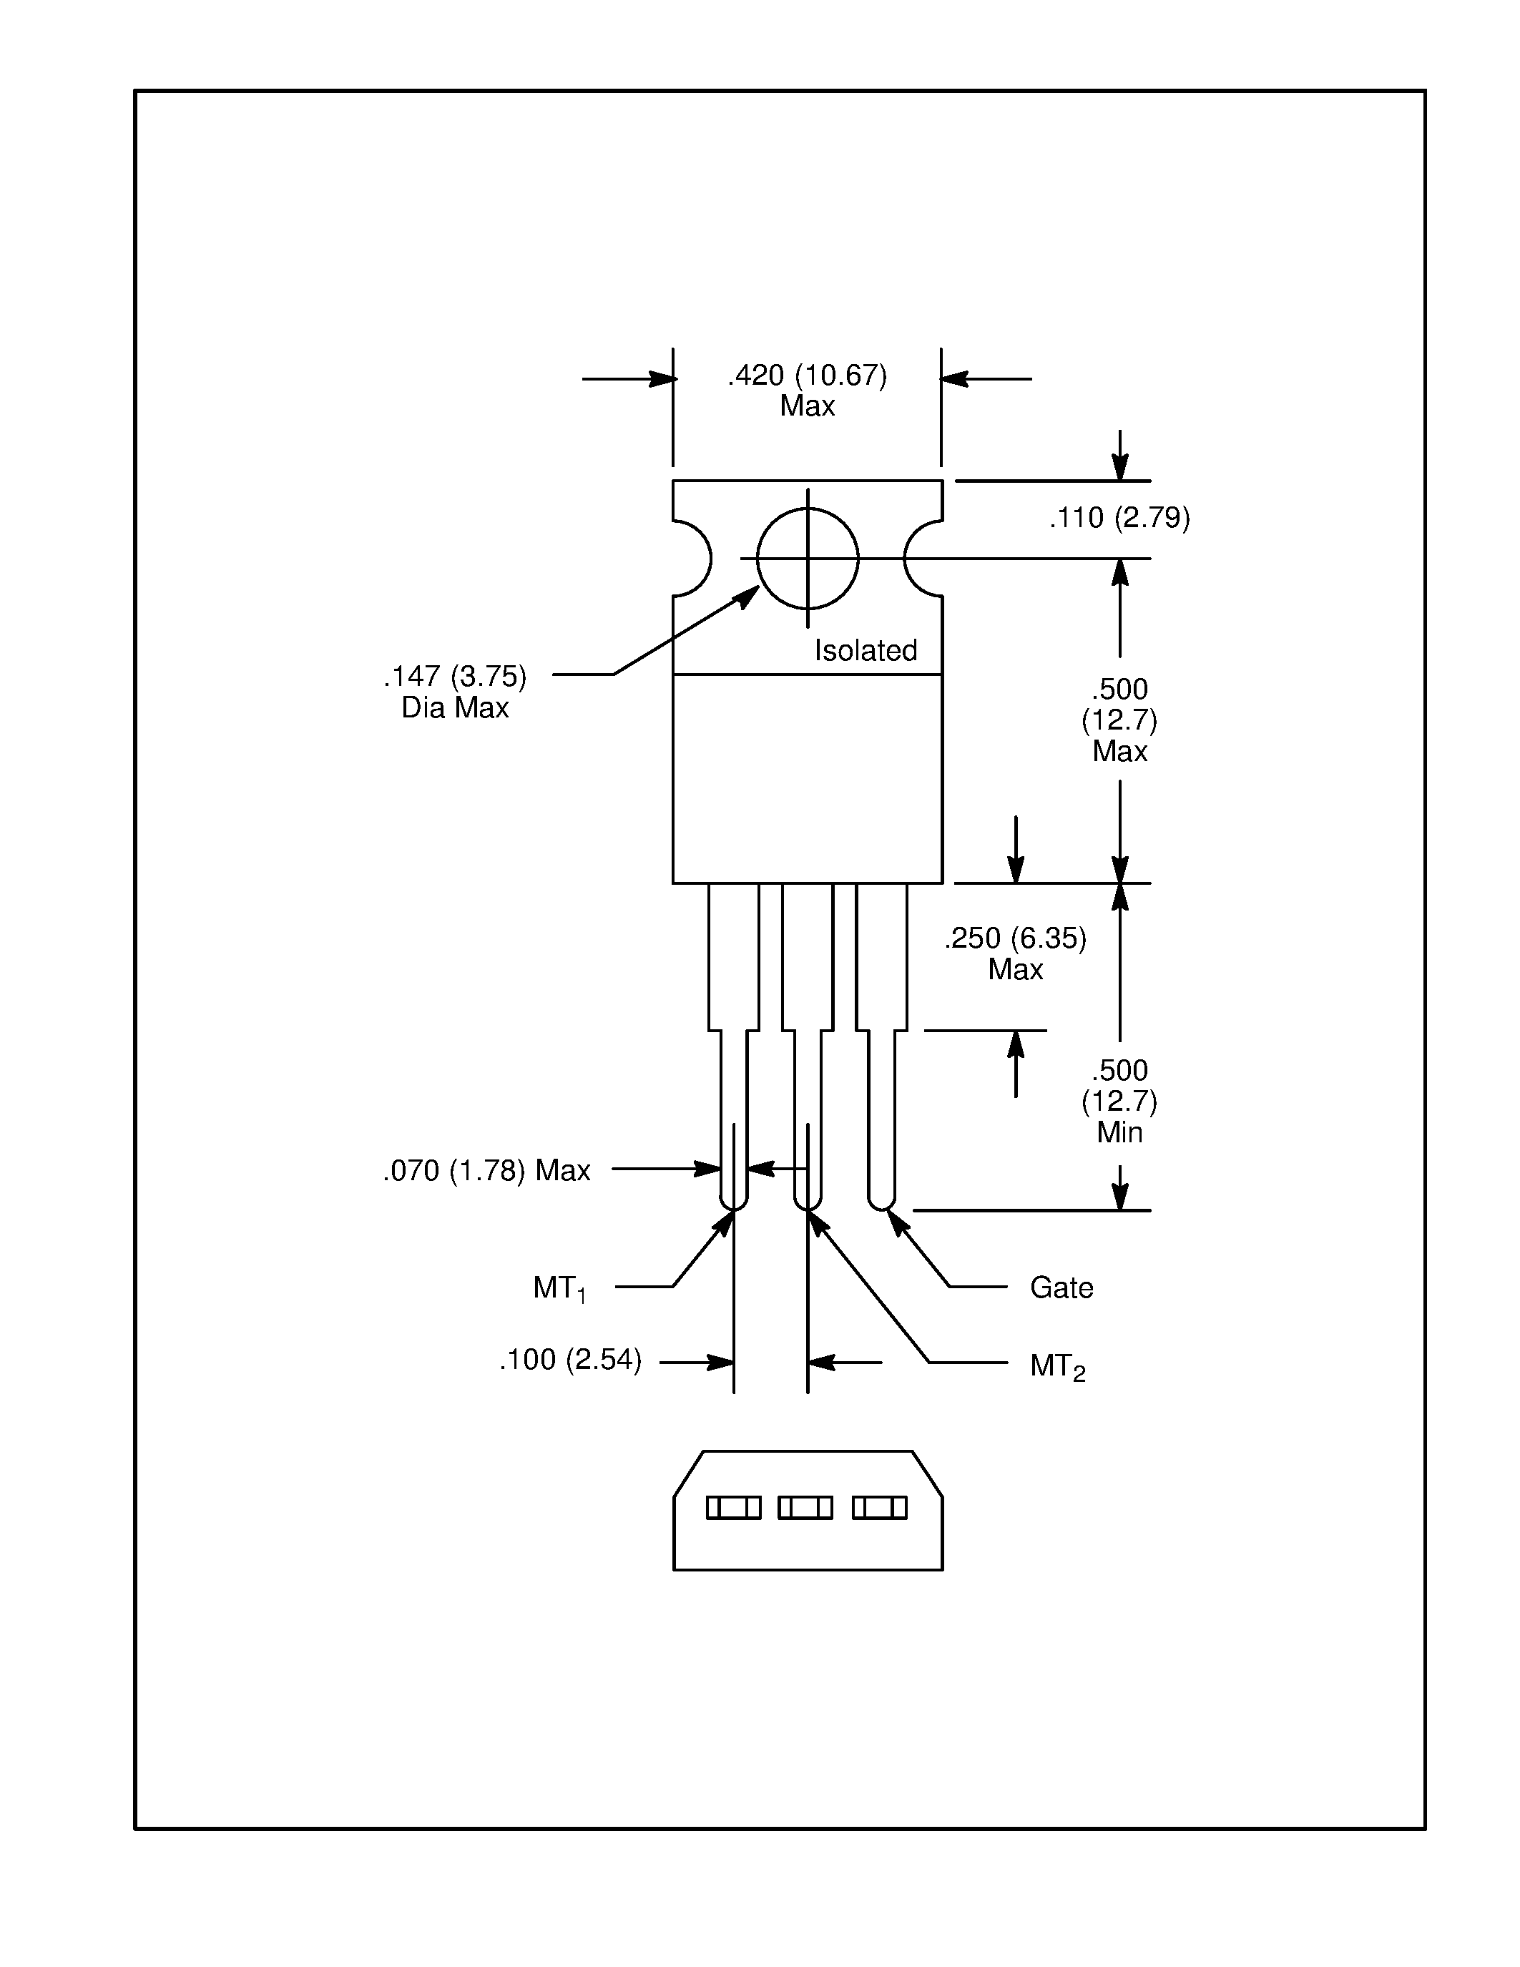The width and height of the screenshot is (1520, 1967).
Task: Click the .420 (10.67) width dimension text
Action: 807,376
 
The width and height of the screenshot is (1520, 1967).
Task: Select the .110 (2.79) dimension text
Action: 1119,518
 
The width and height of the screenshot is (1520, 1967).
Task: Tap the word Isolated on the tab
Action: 866,650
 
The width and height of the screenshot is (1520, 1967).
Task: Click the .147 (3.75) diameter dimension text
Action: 455,675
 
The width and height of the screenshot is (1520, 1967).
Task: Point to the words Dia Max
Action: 455,708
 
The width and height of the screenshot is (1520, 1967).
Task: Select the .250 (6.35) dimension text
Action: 1015,938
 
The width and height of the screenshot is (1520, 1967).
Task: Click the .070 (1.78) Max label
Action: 486,1171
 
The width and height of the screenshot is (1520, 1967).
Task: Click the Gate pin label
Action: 1061,1288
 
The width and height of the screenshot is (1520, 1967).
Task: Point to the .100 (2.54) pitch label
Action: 570,1360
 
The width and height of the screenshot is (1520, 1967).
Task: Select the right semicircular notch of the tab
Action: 923,559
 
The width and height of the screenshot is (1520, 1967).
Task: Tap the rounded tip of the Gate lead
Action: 881,1202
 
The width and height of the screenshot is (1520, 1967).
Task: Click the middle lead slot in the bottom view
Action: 805,1508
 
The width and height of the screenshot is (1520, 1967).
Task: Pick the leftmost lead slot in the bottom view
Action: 733,1508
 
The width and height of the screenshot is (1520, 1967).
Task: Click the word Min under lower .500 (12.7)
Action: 1119,1133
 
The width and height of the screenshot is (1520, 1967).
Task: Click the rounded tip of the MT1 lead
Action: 734,1202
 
